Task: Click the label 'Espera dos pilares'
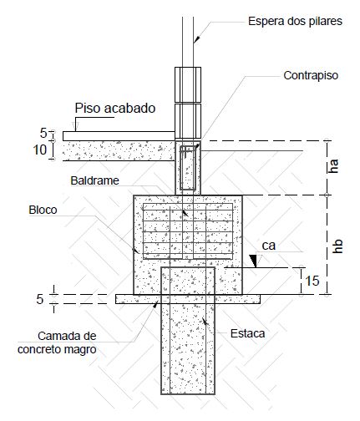[x=295, y=21]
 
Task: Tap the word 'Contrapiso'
[x=311, y=75]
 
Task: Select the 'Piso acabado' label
[x=115, y=108]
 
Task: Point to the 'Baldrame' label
[x=94, y=180]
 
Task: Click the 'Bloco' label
[x=43, y=210]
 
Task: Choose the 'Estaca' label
[x=247, y=333]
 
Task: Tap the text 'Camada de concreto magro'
[x=57, y=342]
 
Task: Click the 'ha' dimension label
[x=333, y=166]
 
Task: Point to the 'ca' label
[x=269, y=246]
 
